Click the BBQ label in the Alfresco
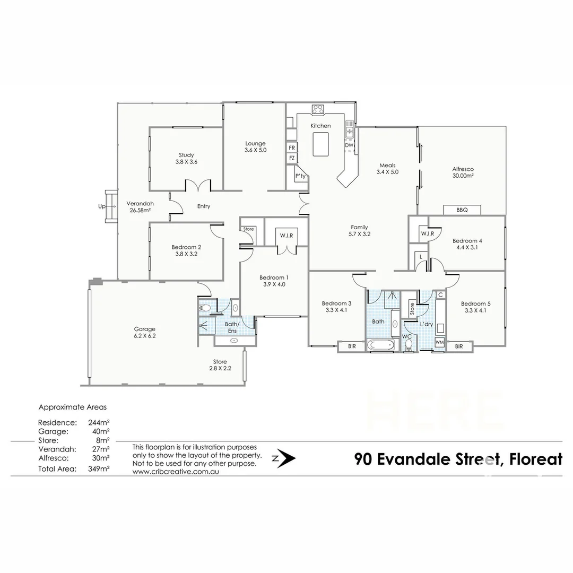point(462,210)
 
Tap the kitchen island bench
point(321,144)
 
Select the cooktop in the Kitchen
point(318,109)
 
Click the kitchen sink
point(350,128)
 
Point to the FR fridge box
point(292,147)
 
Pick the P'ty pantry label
point(300,176)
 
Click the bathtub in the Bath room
point(380,345)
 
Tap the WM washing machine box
point(439,343)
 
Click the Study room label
point(186,155)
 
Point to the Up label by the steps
point(101,206)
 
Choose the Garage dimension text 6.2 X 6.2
point(144,336)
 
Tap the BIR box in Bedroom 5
point(458,346)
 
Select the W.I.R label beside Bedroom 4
point(427,233)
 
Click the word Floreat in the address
point(535,459)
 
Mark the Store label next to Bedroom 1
point(248,229)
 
